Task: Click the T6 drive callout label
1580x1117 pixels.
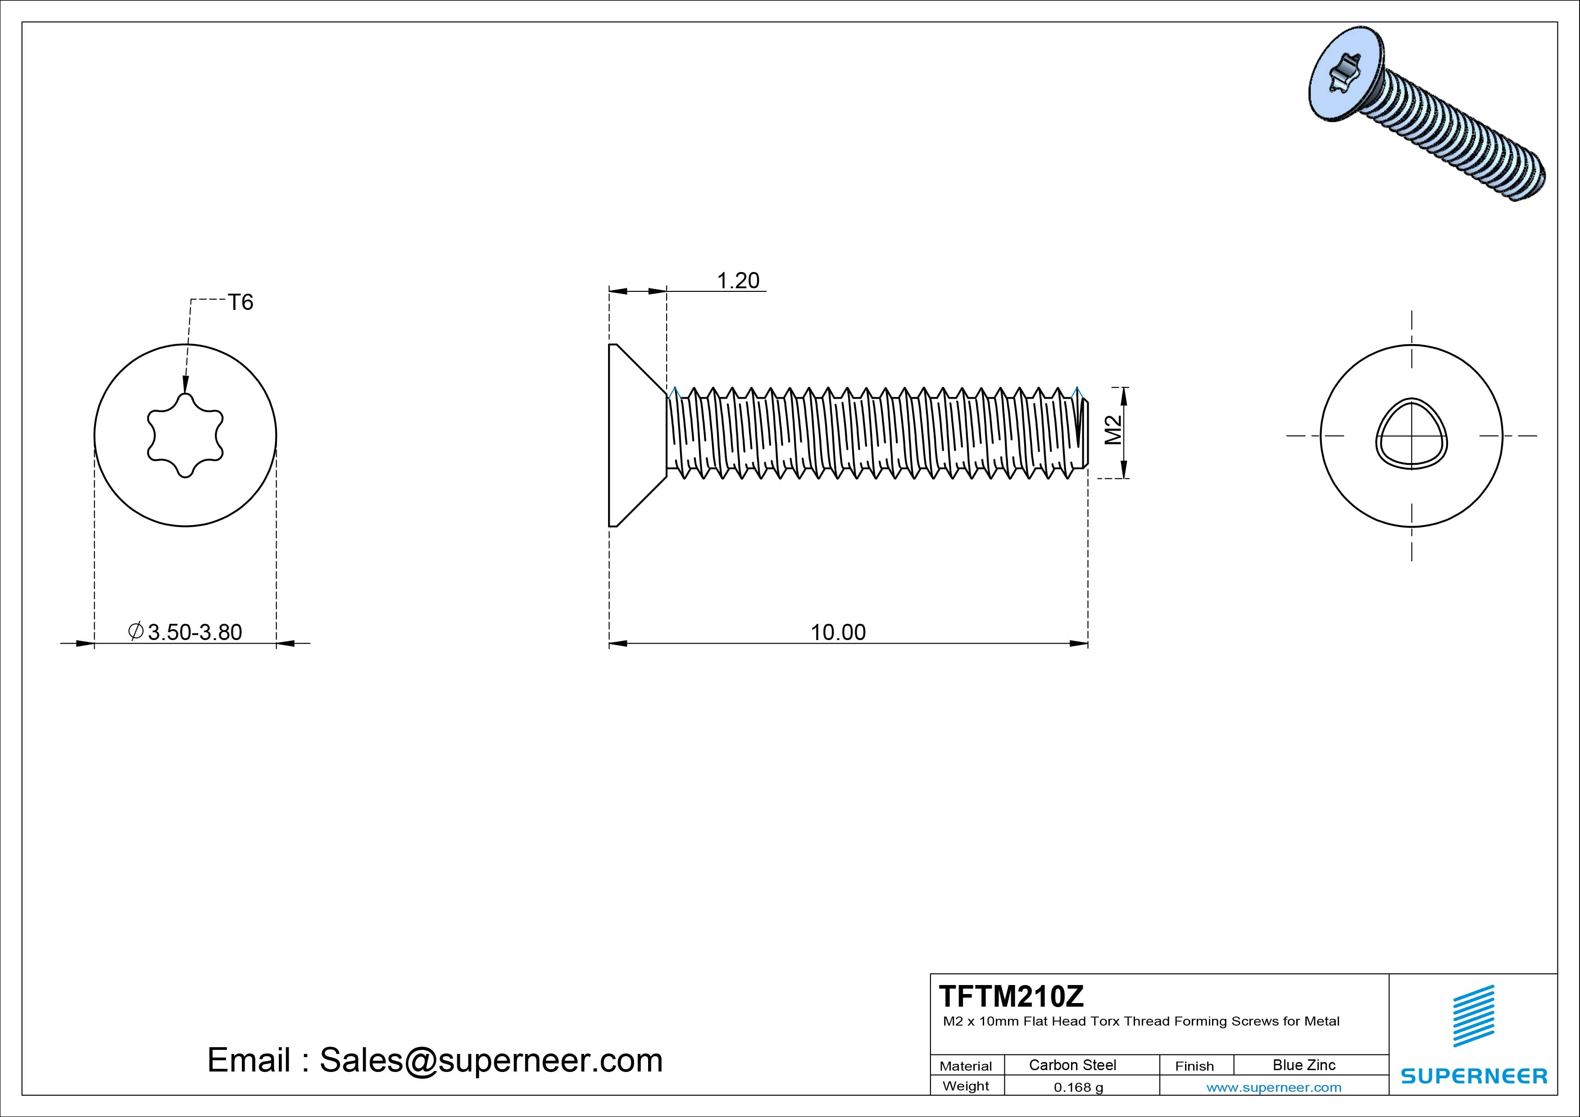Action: pos(241,302)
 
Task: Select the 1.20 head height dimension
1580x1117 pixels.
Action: pos(738,281)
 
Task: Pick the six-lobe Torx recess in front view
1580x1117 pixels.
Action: pos(185,435)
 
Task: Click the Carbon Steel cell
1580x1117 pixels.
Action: pos(1072,1065)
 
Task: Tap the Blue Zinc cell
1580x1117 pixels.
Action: pos(1303,1065)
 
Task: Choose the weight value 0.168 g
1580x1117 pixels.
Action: pos(1078,1087)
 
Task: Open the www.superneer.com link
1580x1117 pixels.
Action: pos(1274,1087)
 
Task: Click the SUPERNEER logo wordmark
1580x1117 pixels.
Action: pos(1474,1076)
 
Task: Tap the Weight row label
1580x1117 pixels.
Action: pos(966,1086)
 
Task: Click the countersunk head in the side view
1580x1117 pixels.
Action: pos(633,435)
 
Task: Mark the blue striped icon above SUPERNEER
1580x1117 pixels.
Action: pos(1473,1016)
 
